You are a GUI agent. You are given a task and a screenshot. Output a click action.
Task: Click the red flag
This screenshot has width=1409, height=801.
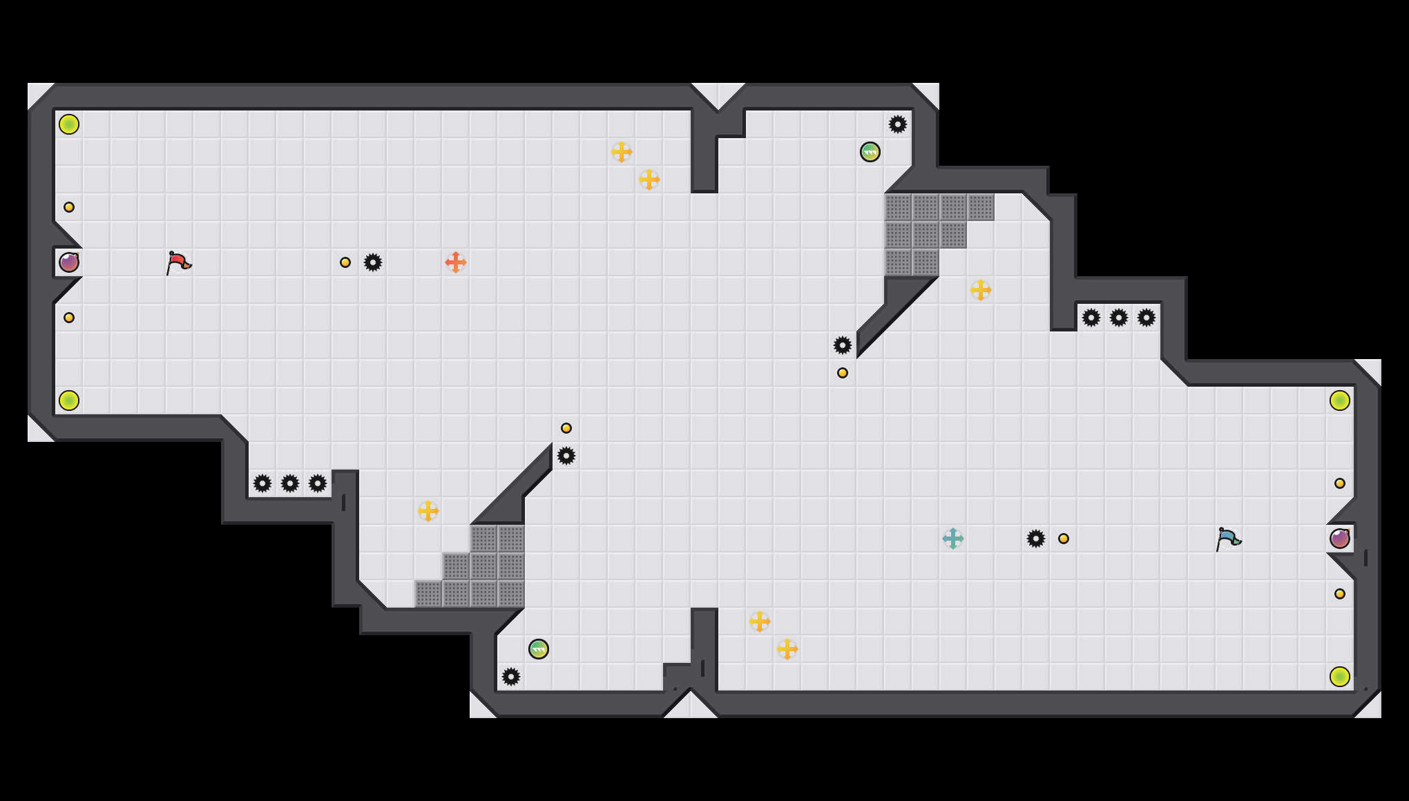(x=178, y=262)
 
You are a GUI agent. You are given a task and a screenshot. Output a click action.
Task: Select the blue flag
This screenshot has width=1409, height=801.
(x=1228, y=539)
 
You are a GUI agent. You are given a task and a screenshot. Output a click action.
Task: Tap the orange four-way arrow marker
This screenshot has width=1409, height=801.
(x=456, y=262)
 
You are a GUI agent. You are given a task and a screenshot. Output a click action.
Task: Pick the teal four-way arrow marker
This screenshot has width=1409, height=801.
(x=953, y=539)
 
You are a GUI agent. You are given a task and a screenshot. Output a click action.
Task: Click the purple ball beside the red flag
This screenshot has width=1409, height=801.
(x=69, y=262)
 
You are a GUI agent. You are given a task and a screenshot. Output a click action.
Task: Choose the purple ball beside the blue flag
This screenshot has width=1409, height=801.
(x=1340, y=539)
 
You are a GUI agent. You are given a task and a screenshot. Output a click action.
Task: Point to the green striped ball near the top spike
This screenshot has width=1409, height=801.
(x=870, y=152)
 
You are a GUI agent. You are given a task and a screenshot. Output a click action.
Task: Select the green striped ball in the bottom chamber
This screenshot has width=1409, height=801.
(x=539, y=649)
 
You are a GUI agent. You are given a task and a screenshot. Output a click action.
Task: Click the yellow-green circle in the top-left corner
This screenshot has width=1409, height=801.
(x=69, y=124)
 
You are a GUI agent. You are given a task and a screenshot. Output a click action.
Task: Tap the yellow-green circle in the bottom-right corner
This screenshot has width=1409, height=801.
(x=1340, y=677)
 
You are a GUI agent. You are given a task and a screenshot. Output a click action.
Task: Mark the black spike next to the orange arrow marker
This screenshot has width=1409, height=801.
(x=373, y=262)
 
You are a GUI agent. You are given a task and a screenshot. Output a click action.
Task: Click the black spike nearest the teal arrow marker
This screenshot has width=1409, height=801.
(x=1036, y=539)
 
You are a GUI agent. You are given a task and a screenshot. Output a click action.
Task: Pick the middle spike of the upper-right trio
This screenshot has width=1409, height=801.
(x=1119, y=318)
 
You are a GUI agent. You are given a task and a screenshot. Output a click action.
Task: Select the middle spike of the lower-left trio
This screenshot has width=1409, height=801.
(x=290, y=483)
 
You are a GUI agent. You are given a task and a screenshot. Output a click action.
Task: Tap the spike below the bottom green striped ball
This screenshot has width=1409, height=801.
(x=511, y=677)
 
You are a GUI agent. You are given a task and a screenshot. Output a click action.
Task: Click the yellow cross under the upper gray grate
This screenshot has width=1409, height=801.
(x=981, y=290)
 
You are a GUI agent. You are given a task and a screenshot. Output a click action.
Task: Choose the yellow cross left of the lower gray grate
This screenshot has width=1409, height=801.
(x=428, y=511)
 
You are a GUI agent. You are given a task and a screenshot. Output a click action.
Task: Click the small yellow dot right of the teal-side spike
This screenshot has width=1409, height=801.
(x=1064, y=539)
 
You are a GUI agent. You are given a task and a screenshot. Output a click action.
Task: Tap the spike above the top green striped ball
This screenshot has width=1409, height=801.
(x=898, y=124)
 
